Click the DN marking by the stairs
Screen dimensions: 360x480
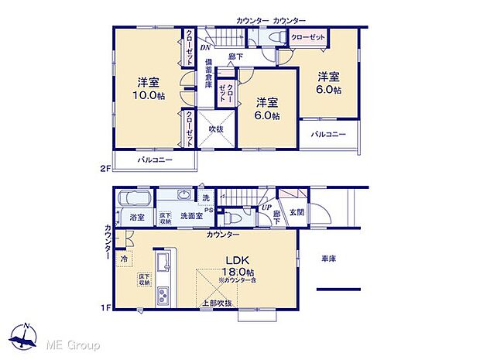click(x=204, y=48)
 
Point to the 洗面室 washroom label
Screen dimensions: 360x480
click(x=191, y=217)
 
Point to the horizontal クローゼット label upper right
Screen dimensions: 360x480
click(x=308, y=37)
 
